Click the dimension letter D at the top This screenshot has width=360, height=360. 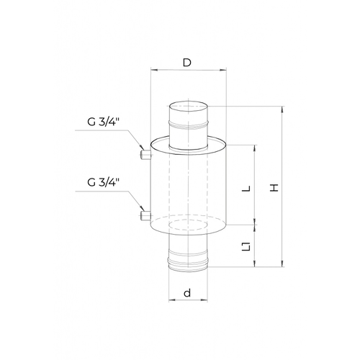pos(187,63)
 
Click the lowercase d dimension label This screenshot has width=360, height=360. pos(187,293)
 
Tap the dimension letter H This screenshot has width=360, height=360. pos(274,187)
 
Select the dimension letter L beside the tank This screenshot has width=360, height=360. pos(246,189)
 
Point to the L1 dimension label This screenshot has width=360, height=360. pos(246,247)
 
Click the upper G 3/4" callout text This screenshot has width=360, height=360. pos(103,122)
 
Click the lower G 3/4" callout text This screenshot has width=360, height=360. pos(103,183)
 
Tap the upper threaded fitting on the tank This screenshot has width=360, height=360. pos(145,155)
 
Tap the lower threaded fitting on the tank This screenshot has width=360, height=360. pos(145,215)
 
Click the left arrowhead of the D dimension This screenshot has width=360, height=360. pos(153,70)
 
